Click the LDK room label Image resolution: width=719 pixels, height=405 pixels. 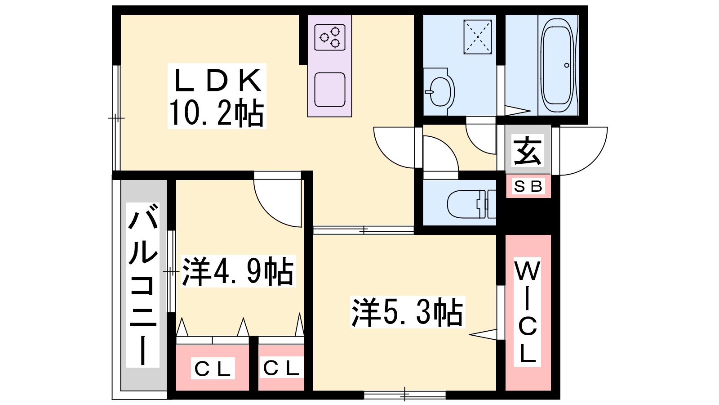(x=217, y=81)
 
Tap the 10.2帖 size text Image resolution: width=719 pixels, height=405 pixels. (x=216, y=113)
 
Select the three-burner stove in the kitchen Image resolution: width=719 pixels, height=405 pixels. (x=330, y=37)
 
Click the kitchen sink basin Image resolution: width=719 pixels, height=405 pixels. (x=330, y=89)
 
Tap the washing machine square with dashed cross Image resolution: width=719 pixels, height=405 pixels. (x=478, y=37)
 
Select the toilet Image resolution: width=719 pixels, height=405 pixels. (x=470, y=204)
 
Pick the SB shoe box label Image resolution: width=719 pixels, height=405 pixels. (x=528, y=186)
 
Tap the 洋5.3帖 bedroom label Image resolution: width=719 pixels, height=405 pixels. (x=407, y=312)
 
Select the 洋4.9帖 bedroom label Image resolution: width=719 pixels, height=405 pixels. (x=237, y=271)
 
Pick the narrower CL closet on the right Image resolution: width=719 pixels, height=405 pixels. (x=281, y=368)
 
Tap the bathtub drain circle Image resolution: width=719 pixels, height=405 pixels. (x=567, y=65)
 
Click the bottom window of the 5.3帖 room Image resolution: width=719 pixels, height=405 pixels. (x=405, y=395)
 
